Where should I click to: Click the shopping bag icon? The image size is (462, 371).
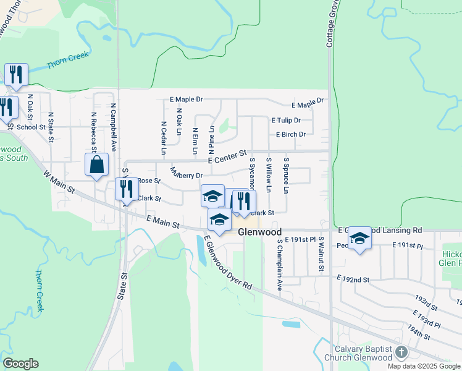[x=96, y=165]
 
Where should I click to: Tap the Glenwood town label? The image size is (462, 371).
[x=260, y=232]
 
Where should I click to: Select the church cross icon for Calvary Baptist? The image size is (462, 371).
[x=401, y=352]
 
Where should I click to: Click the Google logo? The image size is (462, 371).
[x=20, y=364]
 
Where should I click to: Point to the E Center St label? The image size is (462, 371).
[x=227, y=156]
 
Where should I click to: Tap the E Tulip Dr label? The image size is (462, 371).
[x=285, y=121]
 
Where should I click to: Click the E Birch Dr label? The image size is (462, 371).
[x=291, y=134]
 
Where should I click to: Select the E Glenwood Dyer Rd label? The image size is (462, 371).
[x=228, y=263]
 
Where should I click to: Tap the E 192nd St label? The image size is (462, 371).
[x=353, y=279]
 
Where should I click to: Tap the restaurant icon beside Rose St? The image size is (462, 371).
[x=126, y=188]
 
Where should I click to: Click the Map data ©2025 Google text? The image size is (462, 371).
[x=424, y=366]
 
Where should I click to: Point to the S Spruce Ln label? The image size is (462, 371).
[x=286, y=174]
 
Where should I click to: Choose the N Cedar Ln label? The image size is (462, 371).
[x=163, y=137]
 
